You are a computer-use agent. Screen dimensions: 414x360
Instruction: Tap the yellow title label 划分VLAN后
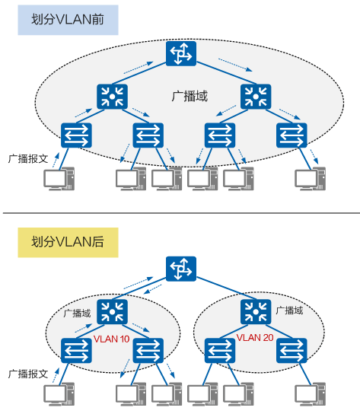[68, 243]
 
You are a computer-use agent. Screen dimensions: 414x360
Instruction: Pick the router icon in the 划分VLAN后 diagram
[181, 269]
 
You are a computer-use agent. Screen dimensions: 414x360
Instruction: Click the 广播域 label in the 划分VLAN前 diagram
[190, 97]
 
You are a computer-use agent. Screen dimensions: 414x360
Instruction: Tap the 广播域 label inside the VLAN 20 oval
[290, 311]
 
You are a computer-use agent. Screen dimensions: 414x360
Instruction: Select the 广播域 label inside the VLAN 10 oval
[77, 313]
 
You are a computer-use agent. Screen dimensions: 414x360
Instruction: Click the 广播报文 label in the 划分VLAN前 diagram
[28, 159]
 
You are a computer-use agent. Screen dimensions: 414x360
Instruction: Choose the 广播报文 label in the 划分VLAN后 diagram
[28, 374]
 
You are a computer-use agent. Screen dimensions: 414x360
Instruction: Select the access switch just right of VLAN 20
[292, 350]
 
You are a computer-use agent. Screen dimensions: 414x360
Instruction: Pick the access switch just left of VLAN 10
[76, 350]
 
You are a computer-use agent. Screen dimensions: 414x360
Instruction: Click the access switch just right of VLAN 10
[148, 350]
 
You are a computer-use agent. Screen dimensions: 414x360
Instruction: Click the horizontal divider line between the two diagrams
[180, 213]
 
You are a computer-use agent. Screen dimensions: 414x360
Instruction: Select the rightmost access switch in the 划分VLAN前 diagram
[292, 135]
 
